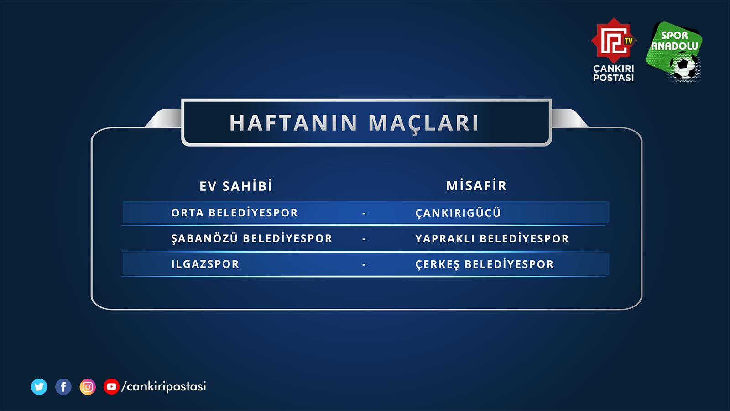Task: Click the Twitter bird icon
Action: (x=39, y=387)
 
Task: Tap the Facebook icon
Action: (x=63, y=387)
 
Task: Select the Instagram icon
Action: (x=88, y=387)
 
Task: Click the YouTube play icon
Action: (x=111, y=387)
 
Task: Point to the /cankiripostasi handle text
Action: (x=164, y=386)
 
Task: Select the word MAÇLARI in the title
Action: (x=423, y=123)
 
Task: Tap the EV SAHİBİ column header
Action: (x=236, y=186)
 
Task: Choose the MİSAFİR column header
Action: (x=476, y=185)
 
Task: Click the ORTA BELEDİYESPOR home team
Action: (x=235, y=213)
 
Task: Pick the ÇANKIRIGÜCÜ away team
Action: (x=458, y=213)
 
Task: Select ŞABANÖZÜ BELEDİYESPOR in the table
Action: (x=251, y=238)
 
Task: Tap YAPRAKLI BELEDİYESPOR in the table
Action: (x=492, y=238)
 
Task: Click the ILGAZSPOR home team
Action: (x=205, y=264)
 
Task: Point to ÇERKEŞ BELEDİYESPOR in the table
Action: (x=485, y=264)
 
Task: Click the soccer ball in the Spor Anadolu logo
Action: (x=685, y=68)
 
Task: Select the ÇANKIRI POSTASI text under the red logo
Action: (x=613, y=73)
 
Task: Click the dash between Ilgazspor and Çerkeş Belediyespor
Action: (x=364, y=264)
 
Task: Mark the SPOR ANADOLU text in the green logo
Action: (x=674, y=41)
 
